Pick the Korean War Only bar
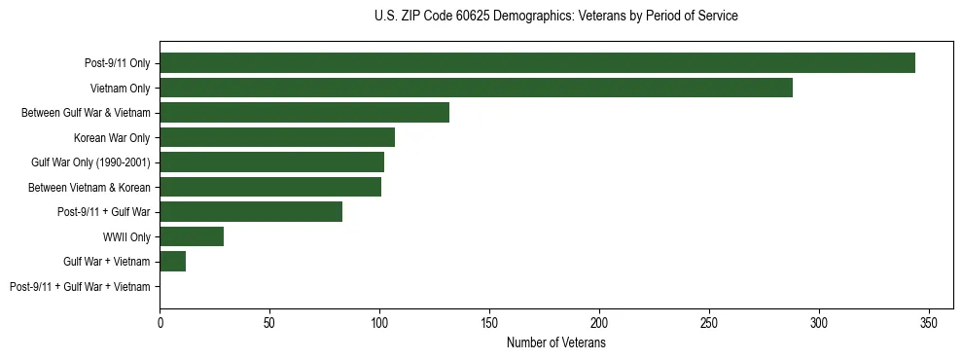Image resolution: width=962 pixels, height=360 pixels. coord(277,137)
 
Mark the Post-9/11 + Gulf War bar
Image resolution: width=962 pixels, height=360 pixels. coord(251,212)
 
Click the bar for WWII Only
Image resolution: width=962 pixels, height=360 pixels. coord(192,236)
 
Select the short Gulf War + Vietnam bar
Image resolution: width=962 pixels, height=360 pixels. coord(173,261)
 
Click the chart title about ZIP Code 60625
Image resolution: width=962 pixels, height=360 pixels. coord(555,16)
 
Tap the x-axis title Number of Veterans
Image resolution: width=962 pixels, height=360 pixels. coord(555,342)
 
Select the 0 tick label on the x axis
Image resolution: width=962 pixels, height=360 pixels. coord(160,322)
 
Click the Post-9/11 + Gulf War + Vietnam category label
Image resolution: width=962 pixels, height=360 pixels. coord(80,286)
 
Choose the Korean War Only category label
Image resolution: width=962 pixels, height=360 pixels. coord(112,137)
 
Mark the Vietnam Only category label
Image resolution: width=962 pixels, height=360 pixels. coord(120,88)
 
